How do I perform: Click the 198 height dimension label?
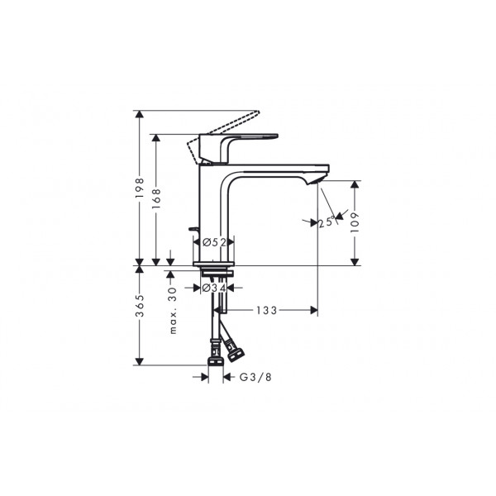coord(140,188)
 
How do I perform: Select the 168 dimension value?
coord(156,198)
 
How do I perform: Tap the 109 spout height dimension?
coord(355,222)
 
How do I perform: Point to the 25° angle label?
coord(327,222)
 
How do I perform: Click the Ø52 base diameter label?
coord(214,242)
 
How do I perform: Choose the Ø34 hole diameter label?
coord(214,288)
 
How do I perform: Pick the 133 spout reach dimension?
coord(266,311)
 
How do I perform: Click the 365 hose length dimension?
coord(140,306)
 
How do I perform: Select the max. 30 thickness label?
coord(173,311)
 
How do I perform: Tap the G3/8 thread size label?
coord(255,377)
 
